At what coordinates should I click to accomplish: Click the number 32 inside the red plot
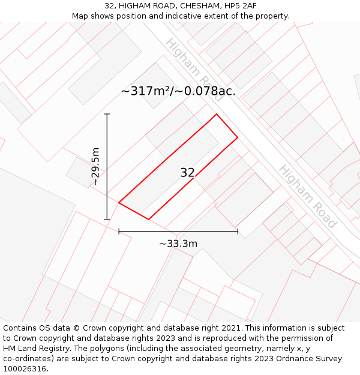pyautogui.click(x=187, y=173)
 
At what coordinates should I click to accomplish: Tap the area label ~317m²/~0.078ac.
pyautogui.click(x=178, y=91)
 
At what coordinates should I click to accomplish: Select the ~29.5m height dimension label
pyautogui.click(x=95, y=166)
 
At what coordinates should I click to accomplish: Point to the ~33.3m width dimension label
pyautogui.click(x=178, y=244)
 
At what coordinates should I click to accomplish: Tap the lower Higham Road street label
pyautogui.click(x=307, y=196)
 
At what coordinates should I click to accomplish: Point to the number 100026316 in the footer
pyautogui.click(x=23, y=368)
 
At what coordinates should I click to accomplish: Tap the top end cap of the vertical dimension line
pyautogui.click(x=107, y=114)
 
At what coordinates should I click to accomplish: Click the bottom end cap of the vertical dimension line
pyautogui.click(x=107, y=220)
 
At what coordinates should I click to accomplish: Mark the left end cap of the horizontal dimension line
pyautogui.click(x=119, y=231)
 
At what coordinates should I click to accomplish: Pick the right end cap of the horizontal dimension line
pyautogui.click(x=238, y=231)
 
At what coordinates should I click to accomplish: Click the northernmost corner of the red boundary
pyautogui.click(x=217, y=114)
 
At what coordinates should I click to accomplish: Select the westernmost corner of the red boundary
pyautogui.click(x=119, y=203)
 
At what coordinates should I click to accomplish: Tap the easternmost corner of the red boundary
pyautogui.click(x=238, y=137)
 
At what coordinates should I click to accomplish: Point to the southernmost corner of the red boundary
pyautogui.click(x=148, y=219)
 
